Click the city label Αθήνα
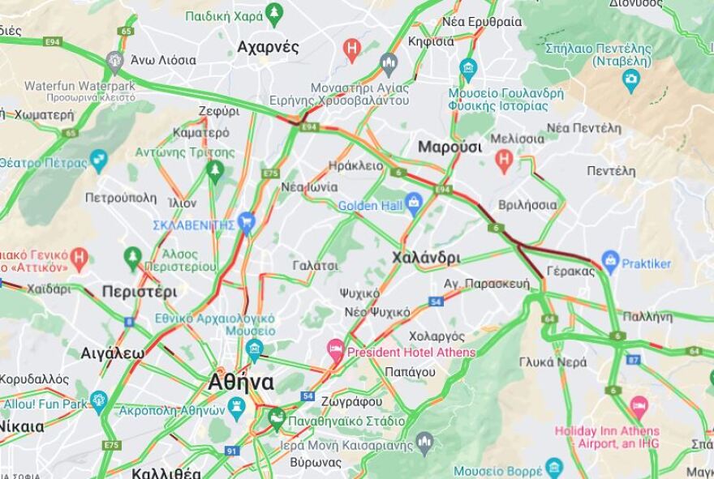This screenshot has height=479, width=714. pyautogui.click(x=241, y=382)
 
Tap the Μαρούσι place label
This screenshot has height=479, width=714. pyautogui.click(x=449, y=147)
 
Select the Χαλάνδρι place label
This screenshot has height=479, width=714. pyautogui.click(x=425, y=258)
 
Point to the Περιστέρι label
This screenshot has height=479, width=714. pyautogui.click(x=140, y=292)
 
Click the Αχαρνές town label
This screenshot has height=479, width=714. pyautogui.click(x=268, y=47)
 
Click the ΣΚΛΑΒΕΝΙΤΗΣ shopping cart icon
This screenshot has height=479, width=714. pyautogui.click(x=247, y=220)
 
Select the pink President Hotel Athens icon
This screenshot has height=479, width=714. pyautogui.click(x=335, y=349)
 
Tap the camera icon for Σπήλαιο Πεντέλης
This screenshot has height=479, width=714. pyautogui.click(x=630, y=79)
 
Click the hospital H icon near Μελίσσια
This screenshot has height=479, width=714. pyautogui.click(x=504, y=160)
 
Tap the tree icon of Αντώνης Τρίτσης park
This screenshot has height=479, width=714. pyautogui.click(x=215, y=169)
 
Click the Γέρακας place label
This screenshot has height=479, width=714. pyautogui.click(x=571, y=271)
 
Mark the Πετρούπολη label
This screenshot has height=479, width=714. pyautogui.click(x=120, y=197)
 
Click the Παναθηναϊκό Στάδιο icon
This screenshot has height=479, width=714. pyautogui.click(x=277, y=419)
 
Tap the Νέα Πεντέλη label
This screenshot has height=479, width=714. pyautogui.click(x=583, y=128)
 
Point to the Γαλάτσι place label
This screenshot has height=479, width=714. pyautogui.click(x=316, y=265)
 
